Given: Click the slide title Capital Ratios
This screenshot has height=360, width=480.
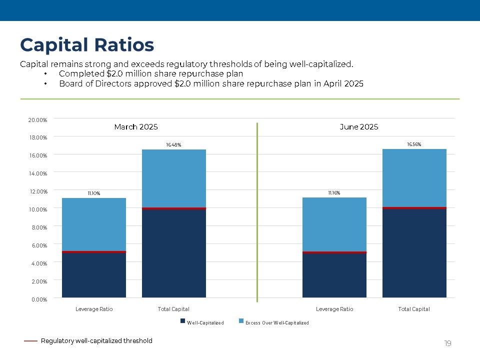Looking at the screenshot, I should (x=87, y=45).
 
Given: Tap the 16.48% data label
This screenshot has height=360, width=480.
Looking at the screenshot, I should (x=173, y=144).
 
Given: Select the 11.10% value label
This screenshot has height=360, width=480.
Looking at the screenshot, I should (x=93, y=193).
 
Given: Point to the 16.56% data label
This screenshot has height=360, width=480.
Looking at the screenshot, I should (x=414, y=144).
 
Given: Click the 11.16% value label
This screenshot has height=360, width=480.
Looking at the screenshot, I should (x=334, y=192).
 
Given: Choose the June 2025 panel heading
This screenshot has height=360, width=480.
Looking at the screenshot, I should (x=358, y=127).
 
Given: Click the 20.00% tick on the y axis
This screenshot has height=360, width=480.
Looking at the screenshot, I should (x=37, y=120).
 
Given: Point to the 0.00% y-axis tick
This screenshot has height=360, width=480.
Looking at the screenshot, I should (x=38, y=299).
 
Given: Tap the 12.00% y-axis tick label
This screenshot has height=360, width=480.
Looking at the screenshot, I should (x=37, y=191).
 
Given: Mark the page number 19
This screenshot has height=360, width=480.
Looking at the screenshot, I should (x=447, y=343).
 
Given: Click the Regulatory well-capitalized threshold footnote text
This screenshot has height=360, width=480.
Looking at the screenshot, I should (x=96, y=341).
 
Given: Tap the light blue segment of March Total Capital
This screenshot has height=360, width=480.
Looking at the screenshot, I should (x=173, y=178).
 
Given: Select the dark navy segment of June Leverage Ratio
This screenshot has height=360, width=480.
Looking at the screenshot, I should (x=334, y=275).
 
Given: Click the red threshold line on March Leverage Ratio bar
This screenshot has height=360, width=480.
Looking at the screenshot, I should (x=93, y=252).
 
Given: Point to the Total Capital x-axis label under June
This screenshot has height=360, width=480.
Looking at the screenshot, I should (x=414, y=309).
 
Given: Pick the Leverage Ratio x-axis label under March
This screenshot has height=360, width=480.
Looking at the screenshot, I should (x=94, y=309).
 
